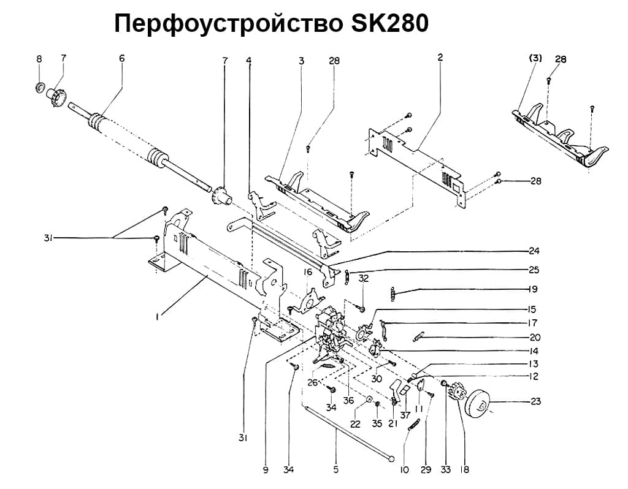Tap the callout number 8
(x=39, y=59)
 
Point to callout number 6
(x=121, y=58)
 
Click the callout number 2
(x=440, y=57)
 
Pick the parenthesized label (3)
(x=535, y=59)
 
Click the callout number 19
(x=533, y=289)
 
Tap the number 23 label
(x=537, y=402)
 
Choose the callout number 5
(x=335, y=470)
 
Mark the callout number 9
(x=266, y=470)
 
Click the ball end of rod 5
(x=391, y=455)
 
